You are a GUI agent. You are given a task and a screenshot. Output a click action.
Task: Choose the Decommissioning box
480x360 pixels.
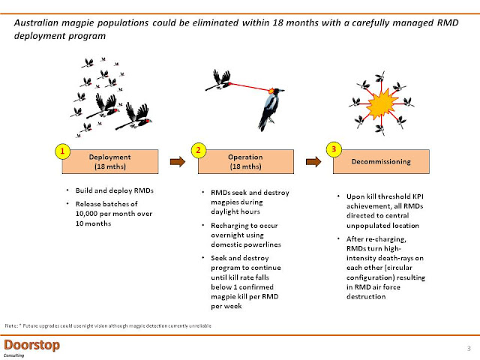pos(382,161)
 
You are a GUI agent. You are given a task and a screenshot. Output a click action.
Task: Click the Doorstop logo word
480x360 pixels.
pos(31,344)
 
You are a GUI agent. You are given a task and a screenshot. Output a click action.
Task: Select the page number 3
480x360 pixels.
pos(467,347)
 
